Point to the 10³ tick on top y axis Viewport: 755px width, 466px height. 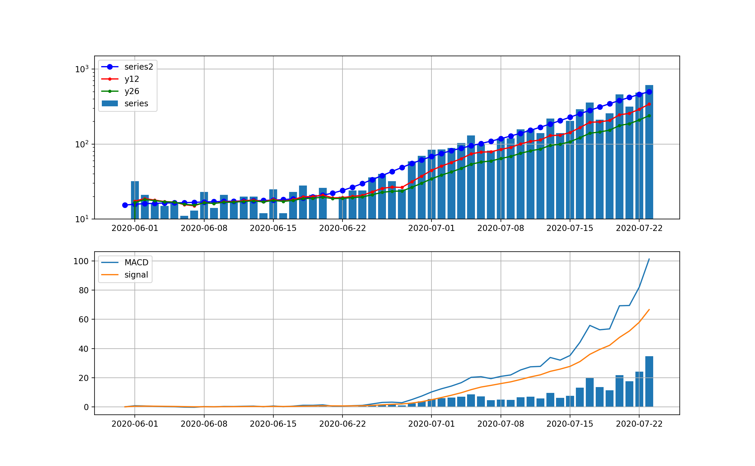81,69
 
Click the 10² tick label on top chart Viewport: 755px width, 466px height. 81,144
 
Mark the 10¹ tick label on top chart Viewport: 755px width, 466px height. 81,219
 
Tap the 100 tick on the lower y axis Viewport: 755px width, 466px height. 81,261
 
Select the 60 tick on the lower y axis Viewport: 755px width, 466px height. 83,320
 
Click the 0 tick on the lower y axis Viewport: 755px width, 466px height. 86,407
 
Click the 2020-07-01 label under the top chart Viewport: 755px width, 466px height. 431,228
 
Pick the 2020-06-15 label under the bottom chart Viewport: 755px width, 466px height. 273,424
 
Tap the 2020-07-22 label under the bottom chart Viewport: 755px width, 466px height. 639,424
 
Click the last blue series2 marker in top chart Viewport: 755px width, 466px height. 649,92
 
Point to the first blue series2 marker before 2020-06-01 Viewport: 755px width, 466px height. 125,205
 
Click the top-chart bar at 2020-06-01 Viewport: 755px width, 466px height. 135,200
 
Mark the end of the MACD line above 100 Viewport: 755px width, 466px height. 649,259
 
